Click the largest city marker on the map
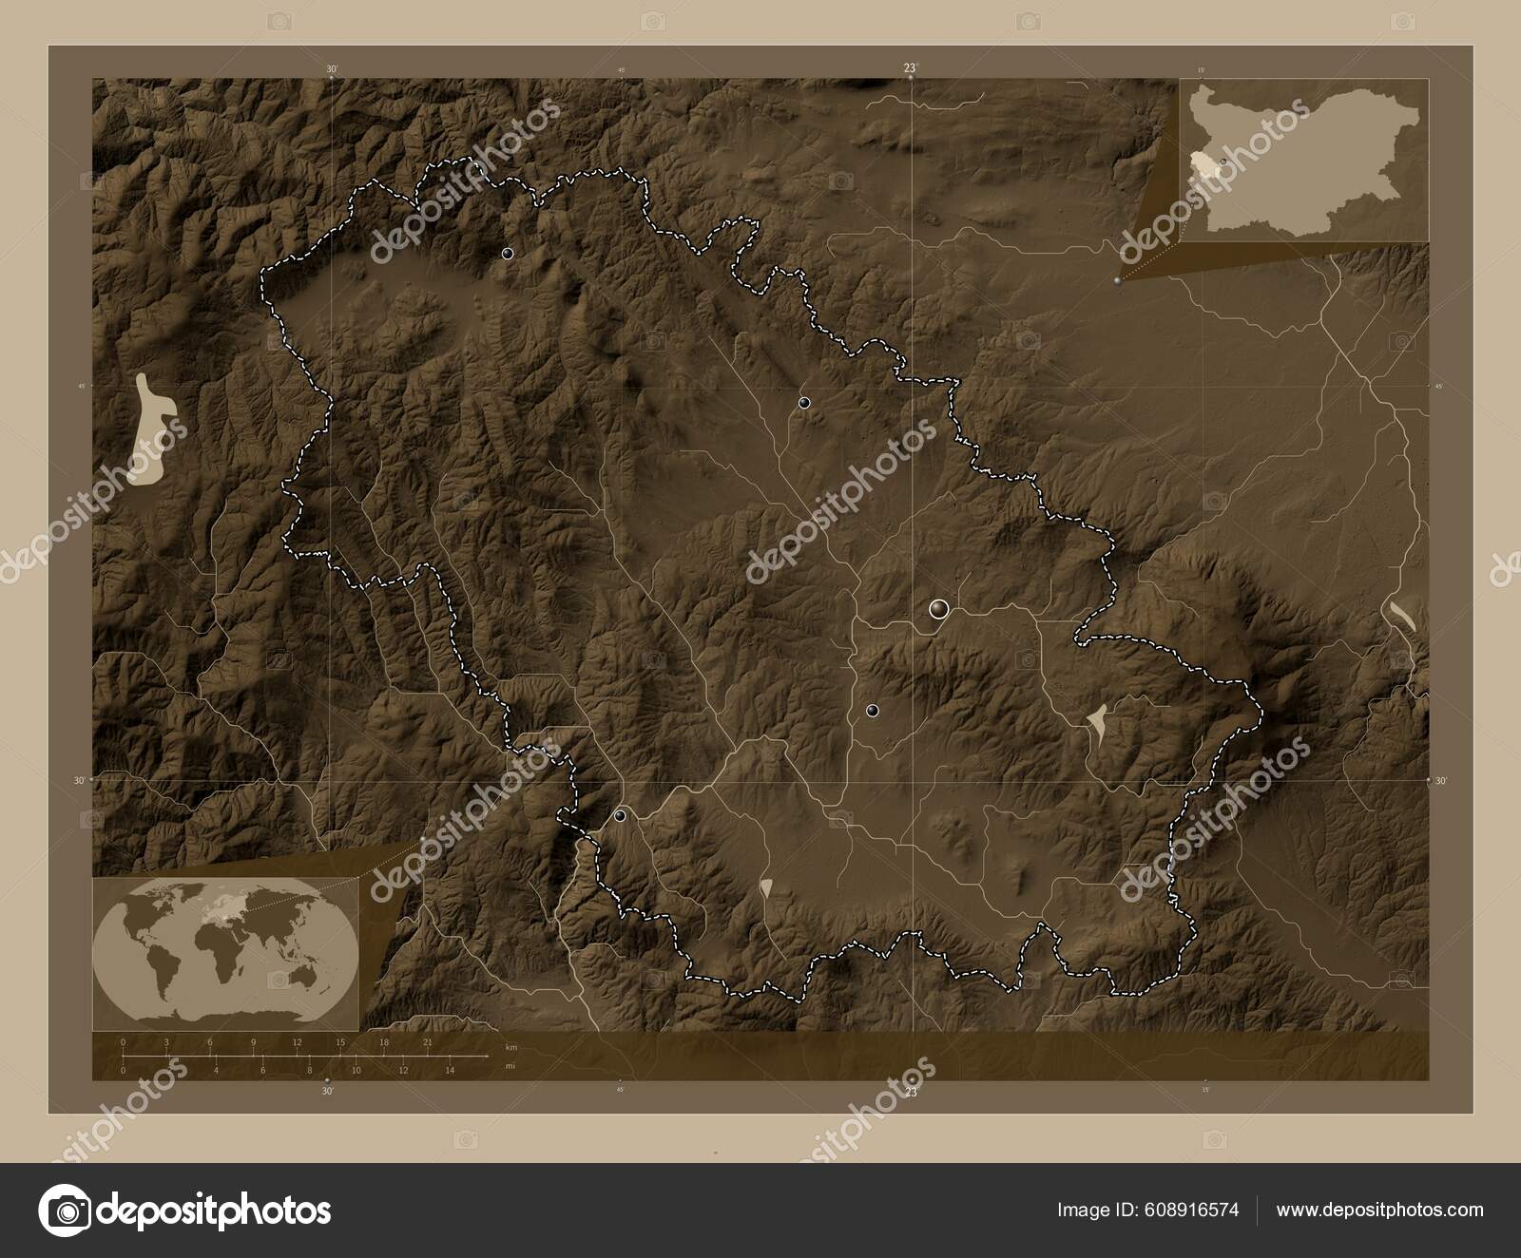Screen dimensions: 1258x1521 [939, 609]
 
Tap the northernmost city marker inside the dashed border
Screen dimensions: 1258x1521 [508, 254]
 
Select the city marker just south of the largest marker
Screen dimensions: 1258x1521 [872, 711]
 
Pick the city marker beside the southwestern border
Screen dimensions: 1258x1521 [620, 815]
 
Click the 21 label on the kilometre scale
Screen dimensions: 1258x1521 [428, 1043]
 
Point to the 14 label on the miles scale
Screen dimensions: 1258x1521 [450, 1071]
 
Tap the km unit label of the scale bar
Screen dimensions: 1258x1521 [511, 1046]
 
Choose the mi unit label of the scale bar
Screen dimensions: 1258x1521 [510, 1066]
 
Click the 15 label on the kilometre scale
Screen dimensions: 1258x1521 [339, 1043]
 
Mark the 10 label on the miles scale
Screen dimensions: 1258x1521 [356, 1071]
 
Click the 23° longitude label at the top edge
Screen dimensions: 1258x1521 [911, 67]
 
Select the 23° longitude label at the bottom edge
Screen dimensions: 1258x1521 [911, 1093]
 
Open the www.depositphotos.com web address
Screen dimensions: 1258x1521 [1379, 1210]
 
